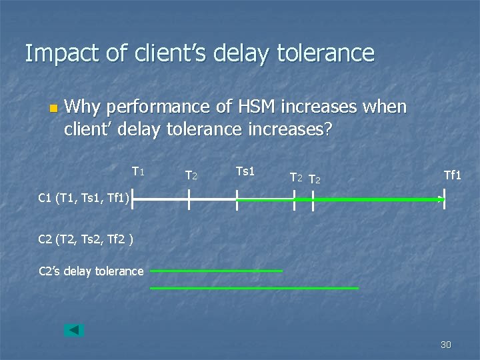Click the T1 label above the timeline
point(138,172)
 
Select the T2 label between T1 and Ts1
point(191,176)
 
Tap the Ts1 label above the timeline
point(245,172)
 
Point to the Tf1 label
point(453,175)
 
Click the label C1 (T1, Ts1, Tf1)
point(83,197)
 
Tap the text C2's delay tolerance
point(91,271)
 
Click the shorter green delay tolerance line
point(217,271)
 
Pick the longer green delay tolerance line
point(254,288)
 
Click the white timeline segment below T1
point(160,199)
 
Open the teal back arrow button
point(74,330)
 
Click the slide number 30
point(445,345)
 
